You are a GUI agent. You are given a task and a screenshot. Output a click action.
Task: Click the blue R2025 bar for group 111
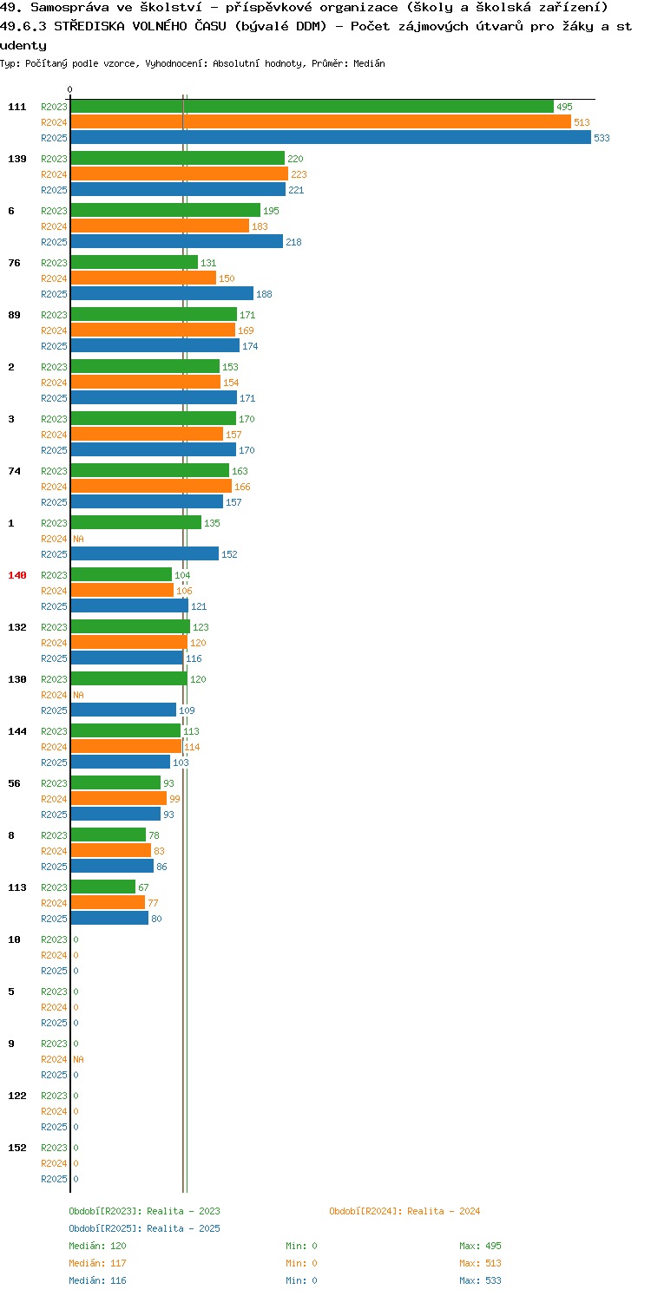(x=331, y=138)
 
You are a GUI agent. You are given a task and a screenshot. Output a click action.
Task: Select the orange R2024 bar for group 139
(x=180, y=174)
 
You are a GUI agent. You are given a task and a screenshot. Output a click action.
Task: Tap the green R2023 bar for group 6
(x=166, y=211)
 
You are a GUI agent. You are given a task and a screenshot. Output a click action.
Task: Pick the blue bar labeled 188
(x=162, y=294)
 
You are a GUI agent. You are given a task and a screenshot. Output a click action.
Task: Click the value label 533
(x=602, y=138)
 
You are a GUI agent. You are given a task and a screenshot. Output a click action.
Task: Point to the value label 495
(x=564, y=107)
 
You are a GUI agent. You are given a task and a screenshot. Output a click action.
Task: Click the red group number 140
(x=17, y=575)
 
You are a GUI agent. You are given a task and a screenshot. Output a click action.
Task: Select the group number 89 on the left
(x=14, y=315)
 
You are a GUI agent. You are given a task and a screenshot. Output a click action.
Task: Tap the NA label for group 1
(x=78, y=539)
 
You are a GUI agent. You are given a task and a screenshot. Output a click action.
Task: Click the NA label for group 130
(x=78, y=695)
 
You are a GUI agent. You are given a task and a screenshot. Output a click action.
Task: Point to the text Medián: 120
(x=97, y=1246)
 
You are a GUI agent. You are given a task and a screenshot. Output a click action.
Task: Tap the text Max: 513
(x=480, y=1263)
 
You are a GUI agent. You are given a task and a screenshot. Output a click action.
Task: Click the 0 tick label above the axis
(x=70, y=89)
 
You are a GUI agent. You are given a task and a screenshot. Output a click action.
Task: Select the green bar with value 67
(x=103, y=887)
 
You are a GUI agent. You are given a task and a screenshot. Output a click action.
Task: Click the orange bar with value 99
(x=119, y=798)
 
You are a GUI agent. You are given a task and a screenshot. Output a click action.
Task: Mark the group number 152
(x=17, y=1148)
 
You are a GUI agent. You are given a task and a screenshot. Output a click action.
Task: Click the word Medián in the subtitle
(x=369, y=63)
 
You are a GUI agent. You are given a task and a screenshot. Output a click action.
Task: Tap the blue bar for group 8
(x=112, y=866)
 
